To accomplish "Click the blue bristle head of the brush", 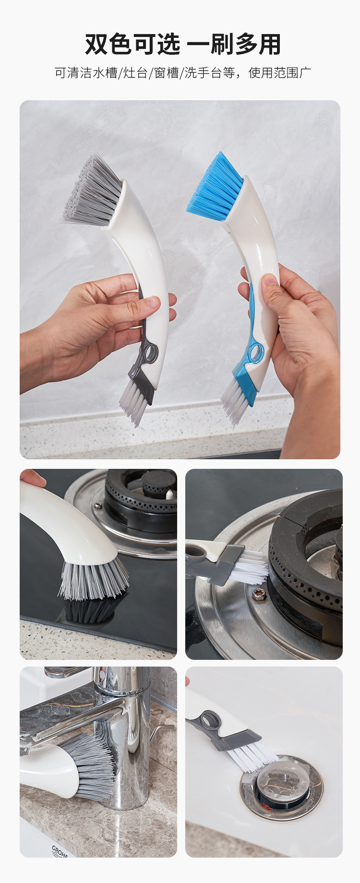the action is (215, 187).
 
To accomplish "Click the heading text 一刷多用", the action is (234, 44).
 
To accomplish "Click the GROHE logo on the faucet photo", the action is (60, 851).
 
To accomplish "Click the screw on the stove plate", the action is (260, 595).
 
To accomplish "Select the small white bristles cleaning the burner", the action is (252, 566).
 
